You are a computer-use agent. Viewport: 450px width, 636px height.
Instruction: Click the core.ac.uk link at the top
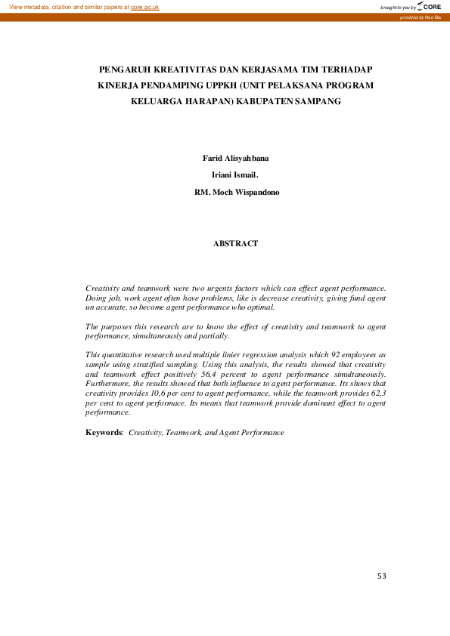tap(144, 7)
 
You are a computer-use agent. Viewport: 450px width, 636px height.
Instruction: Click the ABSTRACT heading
tap(235, 243)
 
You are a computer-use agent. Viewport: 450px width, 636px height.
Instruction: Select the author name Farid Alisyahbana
tap(235, 158)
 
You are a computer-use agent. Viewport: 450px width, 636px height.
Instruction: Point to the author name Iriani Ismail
tap(234, 174)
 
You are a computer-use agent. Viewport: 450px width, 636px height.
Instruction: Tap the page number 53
tap(382, 576)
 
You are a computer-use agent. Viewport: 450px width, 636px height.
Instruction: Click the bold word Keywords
tap(103, 433)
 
